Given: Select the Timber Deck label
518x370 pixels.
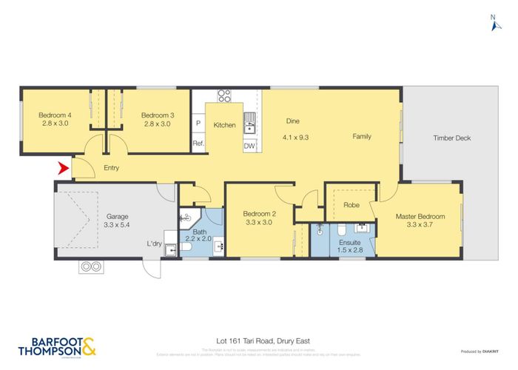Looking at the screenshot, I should pyautogui.click(x=451, y=138).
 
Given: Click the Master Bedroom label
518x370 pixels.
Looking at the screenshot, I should pyautogui.click(x=420, y=216).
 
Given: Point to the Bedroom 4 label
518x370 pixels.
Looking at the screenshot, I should pyautogui.click(x=55, y=115).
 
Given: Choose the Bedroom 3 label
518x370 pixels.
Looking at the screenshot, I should pyautogui.click(x=157, y=115).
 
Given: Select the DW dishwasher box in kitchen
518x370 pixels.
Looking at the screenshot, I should pyautogui.click(x=249, y=146).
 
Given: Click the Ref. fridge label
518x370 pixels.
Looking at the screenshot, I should pyautogui.click(x=198, y=144).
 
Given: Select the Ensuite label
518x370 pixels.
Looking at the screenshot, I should pyautogui.click(x=349, y=241).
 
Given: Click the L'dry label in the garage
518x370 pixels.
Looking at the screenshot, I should pyautogui.click(x=154, y=243).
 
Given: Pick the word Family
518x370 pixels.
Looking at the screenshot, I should pyautogui.click(x=362, y=136).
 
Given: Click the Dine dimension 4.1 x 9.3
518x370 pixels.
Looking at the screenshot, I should pyautogui.click(x=295, y=136).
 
